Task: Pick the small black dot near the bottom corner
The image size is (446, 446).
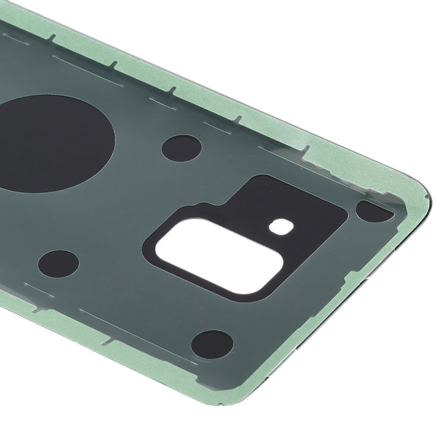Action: [212, 345]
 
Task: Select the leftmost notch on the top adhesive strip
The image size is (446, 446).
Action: [51, 39]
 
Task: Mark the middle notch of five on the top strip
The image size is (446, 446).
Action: [173, 90]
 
